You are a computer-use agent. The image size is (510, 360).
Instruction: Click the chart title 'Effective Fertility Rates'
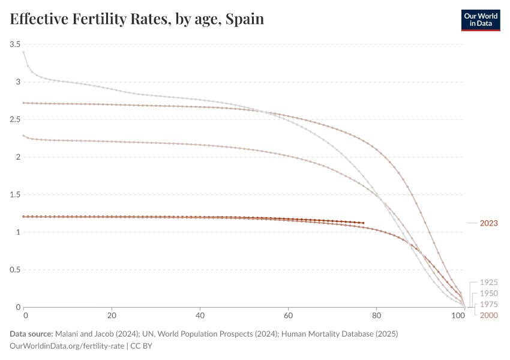(90, 19)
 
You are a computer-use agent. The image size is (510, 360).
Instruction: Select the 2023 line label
(488, 223)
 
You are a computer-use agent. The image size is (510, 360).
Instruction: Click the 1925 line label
(488, 282)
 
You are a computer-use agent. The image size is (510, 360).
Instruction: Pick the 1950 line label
(488, 293)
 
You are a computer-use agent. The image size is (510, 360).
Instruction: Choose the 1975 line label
(488, 304)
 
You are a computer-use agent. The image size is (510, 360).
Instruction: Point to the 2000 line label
(488, 315)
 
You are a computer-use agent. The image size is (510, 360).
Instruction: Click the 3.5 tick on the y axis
(15, 44)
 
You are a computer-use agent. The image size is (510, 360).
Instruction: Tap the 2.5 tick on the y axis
(15, 119)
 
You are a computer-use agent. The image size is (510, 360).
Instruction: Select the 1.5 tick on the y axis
(15, 194)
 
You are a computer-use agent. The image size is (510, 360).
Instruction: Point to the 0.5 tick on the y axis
(15, 269)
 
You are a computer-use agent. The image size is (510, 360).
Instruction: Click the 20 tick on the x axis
(112, 314)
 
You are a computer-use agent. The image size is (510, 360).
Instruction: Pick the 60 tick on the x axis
(288, 314)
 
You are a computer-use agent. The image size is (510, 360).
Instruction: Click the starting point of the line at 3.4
(24, 52)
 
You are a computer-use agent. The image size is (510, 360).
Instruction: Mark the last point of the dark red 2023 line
(363, 223)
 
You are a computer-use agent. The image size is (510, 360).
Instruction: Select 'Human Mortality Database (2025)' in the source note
(339, 334)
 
